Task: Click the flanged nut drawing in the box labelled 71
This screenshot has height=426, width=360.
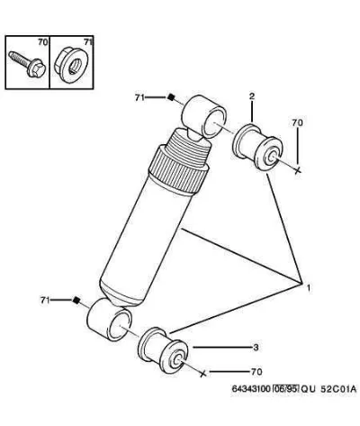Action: [x=71, y=65]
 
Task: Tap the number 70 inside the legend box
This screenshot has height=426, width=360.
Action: [x=42, y=42]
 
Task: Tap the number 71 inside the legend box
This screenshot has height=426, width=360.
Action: [x=88, y=42]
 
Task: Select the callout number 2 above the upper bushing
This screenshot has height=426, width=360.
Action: [x=252, y=96]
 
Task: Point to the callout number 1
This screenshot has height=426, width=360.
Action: [x=308, y=288]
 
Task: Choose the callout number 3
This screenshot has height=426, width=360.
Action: [x=256, y=348]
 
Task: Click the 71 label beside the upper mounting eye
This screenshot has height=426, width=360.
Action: [x=139, y=97]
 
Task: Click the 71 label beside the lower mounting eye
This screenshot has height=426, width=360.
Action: [x=45, y=300]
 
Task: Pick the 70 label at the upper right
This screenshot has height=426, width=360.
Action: [x=297, y=122]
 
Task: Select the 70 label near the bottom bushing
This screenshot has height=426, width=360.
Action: [x=256, y=372]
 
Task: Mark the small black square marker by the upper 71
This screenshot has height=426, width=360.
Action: [x=171, y=97]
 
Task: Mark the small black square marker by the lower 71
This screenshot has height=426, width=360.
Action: [x=76, y=300]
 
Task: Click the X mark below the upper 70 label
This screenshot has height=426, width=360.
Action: [x=297, y=170]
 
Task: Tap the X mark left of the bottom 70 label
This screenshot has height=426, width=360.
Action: [x=203, y=373]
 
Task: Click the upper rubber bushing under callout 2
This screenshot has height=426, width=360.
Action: [x=257, y=148]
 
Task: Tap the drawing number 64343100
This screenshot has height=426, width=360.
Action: [x=251, y=389]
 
